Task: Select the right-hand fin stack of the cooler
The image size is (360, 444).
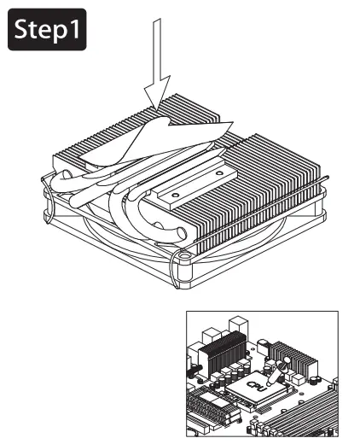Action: pos(273,188)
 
